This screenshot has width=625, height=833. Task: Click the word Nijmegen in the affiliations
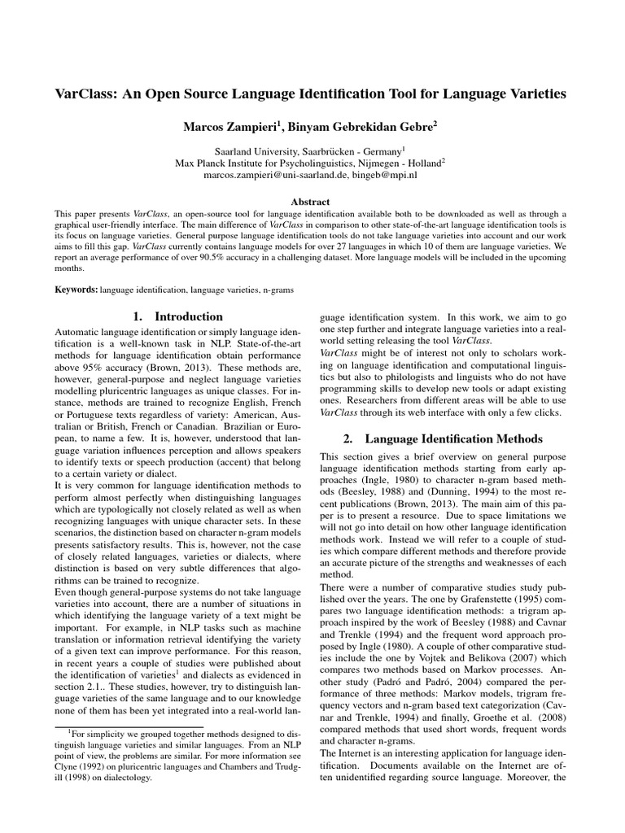pos(378,162)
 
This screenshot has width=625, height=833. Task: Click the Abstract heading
pos(312,201)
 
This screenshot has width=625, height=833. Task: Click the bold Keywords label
pos(76,289)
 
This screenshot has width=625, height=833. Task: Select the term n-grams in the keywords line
pos(277,289)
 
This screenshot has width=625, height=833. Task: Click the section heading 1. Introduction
pos(177,316)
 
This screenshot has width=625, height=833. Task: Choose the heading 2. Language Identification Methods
pos(443,438)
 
